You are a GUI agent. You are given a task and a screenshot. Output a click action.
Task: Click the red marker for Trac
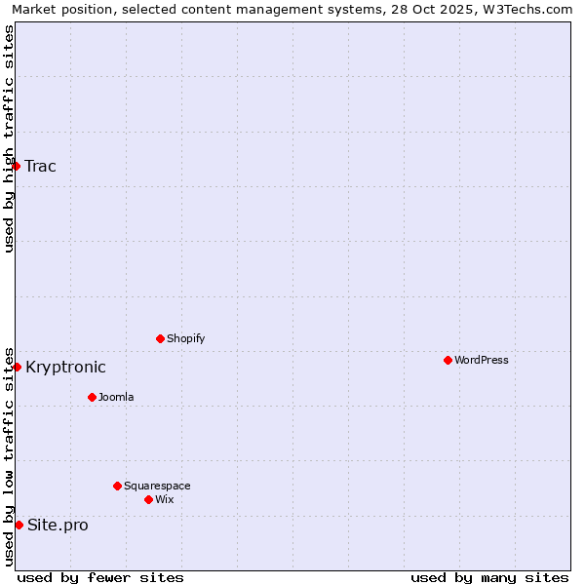coord(16,166)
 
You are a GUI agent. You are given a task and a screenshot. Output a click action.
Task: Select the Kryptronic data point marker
coord(17,367)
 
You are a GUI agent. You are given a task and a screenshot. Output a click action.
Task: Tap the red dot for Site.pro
coord(19,525)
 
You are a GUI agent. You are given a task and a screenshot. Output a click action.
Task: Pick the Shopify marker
coord(160,338)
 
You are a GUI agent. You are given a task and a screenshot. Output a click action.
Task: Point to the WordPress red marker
coord(448,360)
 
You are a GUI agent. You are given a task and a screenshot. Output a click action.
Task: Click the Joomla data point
coord(92,397)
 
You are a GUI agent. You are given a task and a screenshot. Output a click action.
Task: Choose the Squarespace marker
coord(117,486)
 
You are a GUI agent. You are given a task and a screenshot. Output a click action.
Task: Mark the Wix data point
coord(148,499)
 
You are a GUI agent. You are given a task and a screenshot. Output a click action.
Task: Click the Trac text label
coord(40,166)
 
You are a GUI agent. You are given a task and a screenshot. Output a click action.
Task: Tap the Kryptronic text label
coord(65,367)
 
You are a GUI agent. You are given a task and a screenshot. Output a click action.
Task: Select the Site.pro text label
coord(58,525)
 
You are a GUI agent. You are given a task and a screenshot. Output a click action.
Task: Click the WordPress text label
coord(481,360)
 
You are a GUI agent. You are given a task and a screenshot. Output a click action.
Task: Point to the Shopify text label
coord(185,338)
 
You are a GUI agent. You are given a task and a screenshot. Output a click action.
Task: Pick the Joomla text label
coord(116,397)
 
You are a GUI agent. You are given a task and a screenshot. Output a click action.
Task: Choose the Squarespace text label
coord(157,486)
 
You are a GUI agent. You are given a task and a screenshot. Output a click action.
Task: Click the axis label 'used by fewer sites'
coord(100,577)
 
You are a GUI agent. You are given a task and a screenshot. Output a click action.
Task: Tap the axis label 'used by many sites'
coord(489,577)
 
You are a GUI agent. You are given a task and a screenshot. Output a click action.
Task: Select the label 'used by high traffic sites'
coord(9,138)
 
